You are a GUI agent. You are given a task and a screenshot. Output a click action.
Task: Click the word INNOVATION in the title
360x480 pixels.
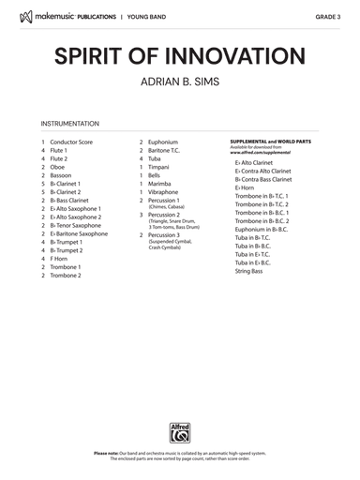click(240, 53)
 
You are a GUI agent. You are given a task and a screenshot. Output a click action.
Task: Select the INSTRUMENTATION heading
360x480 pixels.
click(70, 124)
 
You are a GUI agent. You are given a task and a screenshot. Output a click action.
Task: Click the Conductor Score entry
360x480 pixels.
click(71, 142)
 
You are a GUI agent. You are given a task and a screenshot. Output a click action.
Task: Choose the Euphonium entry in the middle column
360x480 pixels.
click(163, 142)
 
